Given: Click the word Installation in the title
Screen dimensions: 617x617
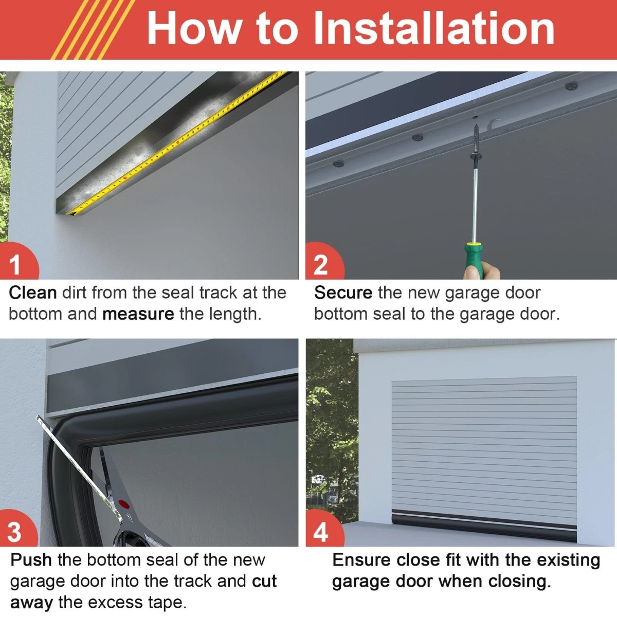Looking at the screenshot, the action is (x=434, y=28).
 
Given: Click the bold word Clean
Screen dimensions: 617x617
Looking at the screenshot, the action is (x=33, y=293).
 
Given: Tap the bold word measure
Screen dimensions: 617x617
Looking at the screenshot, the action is (x=138, y=315).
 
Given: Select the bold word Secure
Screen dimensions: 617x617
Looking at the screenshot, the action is (x=343, y=293).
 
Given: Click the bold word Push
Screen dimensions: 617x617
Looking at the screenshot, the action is (x=31, y=560).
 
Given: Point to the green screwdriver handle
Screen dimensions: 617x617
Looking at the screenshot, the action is (x=474, y=260).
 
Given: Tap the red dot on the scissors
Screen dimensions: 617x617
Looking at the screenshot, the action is (x=123, y=504).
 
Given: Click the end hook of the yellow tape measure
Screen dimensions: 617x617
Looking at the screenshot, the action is (x=72, y=212).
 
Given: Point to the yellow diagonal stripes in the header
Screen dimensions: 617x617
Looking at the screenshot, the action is (x=93, y=30).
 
